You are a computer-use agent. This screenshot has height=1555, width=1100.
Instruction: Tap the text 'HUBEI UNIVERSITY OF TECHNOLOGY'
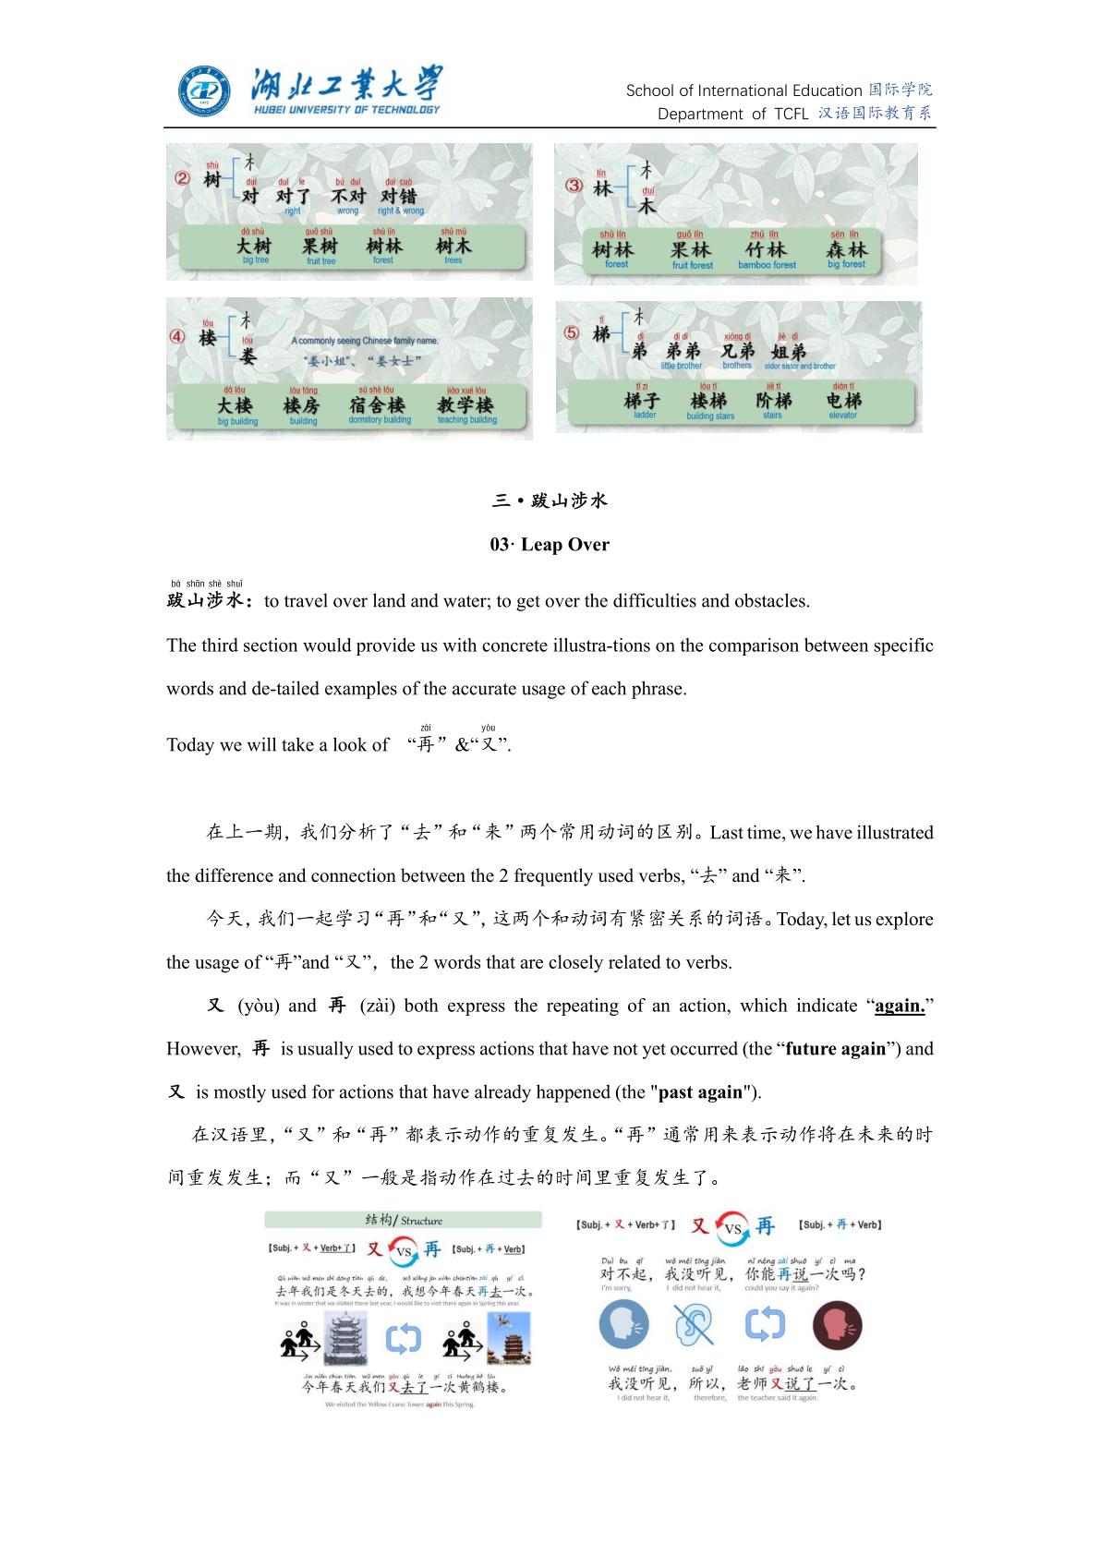point(346,110)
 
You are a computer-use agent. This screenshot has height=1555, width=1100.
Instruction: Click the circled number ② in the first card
point(182,179)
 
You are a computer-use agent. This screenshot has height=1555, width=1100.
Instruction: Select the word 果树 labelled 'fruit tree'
point(320,247)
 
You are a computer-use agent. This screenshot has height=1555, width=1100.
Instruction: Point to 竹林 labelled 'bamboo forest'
point(767,250)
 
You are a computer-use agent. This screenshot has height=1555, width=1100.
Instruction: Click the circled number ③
point(574,186)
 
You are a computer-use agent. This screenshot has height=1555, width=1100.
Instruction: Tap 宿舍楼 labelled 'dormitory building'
point(378,405)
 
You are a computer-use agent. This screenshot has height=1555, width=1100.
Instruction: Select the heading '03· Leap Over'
point(550,545)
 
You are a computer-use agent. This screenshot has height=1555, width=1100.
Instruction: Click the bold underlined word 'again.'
point(900,1006)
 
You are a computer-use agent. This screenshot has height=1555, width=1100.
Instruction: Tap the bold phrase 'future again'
point(835,1049)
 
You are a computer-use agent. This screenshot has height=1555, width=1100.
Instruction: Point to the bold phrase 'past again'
point(700,1092)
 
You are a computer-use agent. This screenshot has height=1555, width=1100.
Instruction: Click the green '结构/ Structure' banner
point(403,1220)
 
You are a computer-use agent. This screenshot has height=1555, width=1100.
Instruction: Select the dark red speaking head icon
point(837,1325)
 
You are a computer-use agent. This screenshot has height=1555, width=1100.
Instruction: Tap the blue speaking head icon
point(624,1325)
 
